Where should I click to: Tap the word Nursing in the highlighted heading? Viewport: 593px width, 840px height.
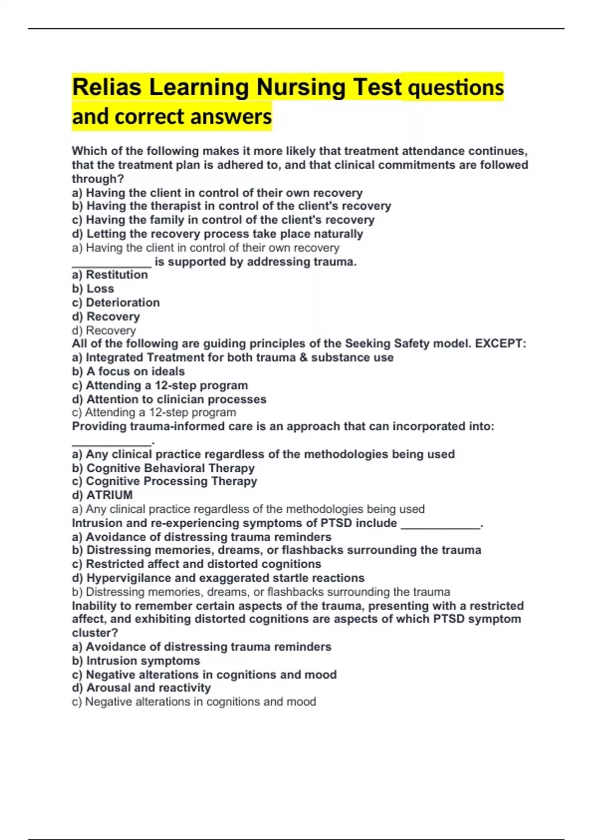tap(301, 87)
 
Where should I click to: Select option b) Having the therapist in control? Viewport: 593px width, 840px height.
tap(231, 206)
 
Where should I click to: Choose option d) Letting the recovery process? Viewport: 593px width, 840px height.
tap(217, 234)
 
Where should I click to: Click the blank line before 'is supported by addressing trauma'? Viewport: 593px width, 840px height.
tap(112, 262)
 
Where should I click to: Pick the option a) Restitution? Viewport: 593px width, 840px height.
tap(110, 275)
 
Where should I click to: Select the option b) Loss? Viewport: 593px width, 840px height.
tap(93, 289)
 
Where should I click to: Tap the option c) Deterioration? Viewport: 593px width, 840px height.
tap(116, 302)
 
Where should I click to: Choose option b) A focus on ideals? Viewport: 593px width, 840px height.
tap(128, 372)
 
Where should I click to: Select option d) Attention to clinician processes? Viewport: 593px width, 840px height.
tap(169, 399)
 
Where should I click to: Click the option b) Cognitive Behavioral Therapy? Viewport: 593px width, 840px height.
tap(163, 468)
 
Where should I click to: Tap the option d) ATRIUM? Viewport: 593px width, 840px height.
tap(102, 495)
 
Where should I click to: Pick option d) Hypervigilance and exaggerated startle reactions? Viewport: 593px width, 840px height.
tap(218, 578)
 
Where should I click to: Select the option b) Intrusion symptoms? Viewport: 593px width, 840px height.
tap(136, 661)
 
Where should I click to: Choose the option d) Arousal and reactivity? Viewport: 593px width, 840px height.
tap(141, 688)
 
